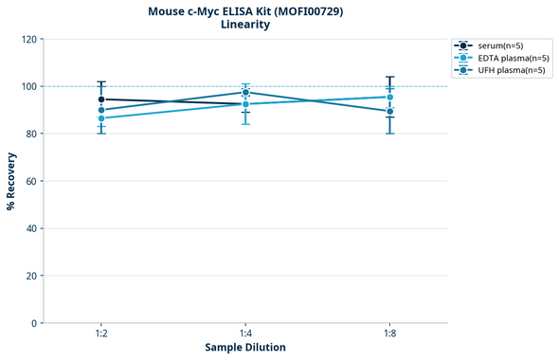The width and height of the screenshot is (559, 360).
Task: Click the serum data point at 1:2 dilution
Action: [101, 99]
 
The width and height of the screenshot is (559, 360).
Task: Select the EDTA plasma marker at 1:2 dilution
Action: [101, 117]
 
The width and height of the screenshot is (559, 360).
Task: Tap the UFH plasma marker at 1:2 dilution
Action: [101, 110]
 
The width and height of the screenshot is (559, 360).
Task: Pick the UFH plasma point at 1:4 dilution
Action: [245, 93]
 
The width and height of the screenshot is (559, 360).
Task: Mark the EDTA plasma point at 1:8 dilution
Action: [389, 97]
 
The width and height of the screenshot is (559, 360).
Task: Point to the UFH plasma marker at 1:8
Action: [389, 112]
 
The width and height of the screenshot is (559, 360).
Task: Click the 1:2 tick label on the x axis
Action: [101, 334]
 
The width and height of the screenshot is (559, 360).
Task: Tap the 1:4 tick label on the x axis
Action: [245, 334]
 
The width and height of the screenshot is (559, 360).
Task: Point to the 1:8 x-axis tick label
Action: [389, 334]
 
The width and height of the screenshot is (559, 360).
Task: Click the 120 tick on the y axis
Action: [28, 39]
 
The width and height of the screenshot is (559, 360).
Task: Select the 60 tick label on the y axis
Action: [31, 181]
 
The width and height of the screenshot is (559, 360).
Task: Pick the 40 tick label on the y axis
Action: [31, 228]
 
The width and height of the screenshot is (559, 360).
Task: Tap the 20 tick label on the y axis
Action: [31, 276]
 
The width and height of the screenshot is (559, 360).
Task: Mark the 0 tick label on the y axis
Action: [34, 323]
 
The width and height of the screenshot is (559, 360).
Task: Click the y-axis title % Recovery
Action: [11, 181]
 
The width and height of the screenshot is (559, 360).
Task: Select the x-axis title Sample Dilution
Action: [245, 348]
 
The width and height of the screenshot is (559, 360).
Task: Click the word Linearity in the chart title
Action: [245, 25]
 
